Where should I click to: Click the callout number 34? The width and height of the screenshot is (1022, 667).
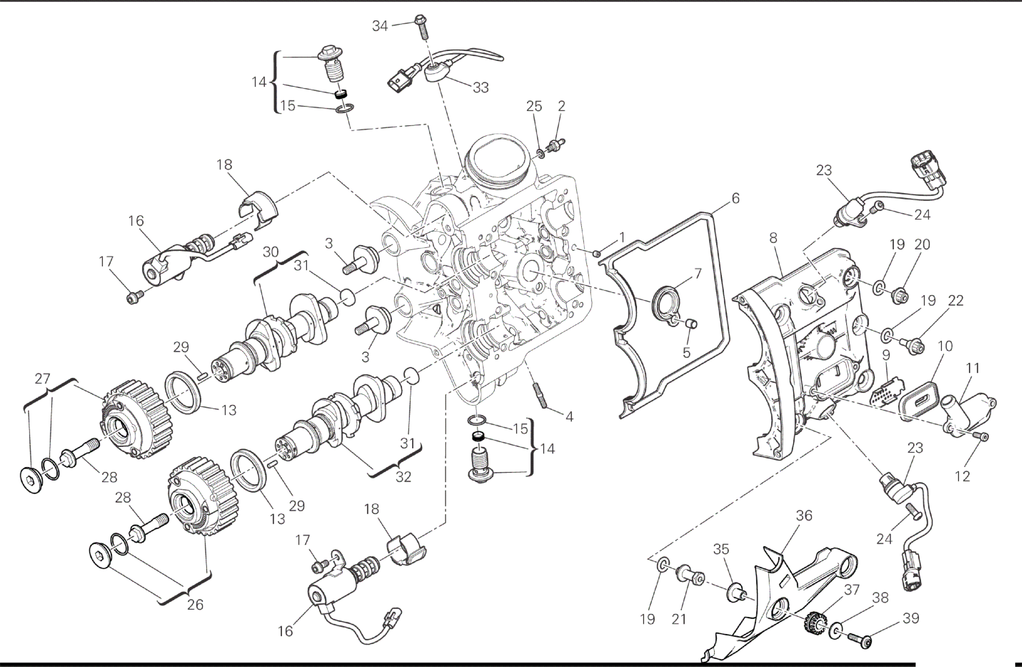pos(380,26)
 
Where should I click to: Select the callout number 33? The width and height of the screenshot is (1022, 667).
pos(480,87)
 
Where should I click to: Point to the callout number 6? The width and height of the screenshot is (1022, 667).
pos(735,198)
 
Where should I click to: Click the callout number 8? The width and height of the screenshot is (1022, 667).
pos(773,238)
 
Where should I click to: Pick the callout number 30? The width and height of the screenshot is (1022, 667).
pos(271,252)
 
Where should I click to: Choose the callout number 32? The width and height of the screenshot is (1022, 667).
pos(403,476)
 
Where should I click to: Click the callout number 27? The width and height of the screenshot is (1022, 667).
pos(43,378)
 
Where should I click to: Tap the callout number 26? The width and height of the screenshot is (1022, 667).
pos(195,605)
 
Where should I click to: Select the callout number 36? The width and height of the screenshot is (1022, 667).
pos(804,515)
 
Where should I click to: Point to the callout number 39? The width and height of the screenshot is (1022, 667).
pos(911,618)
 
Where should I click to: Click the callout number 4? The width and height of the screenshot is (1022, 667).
pos(569,417)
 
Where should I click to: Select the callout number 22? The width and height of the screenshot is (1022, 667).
pos(956,300)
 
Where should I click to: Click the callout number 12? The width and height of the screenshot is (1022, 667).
pos(963,476)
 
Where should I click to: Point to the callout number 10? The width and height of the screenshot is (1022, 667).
pos(945,346)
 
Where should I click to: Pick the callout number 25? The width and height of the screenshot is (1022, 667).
pos(534,106)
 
